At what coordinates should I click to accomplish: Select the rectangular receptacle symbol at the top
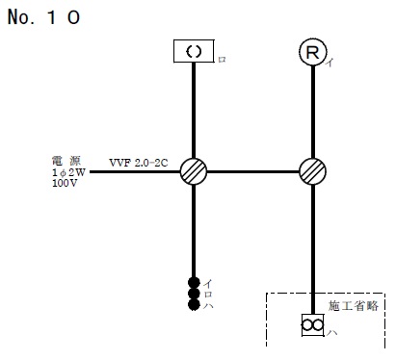194,52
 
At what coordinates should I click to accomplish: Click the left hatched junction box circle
195,171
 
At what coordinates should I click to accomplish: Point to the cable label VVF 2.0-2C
138,163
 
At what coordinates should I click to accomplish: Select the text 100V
65,182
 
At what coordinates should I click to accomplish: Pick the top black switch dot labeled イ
194,283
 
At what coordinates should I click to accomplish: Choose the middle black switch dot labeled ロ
194,294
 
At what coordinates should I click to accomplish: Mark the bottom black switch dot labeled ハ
194,305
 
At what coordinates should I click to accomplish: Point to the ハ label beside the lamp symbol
332,333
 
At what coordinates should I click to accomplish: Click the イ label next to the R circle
330,64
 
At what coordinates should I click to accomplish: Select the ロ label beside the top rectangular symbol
222,60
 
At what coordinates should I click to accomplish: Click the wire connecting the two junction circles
253,171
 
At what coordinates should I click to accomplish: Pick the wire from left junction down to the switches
195,231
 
